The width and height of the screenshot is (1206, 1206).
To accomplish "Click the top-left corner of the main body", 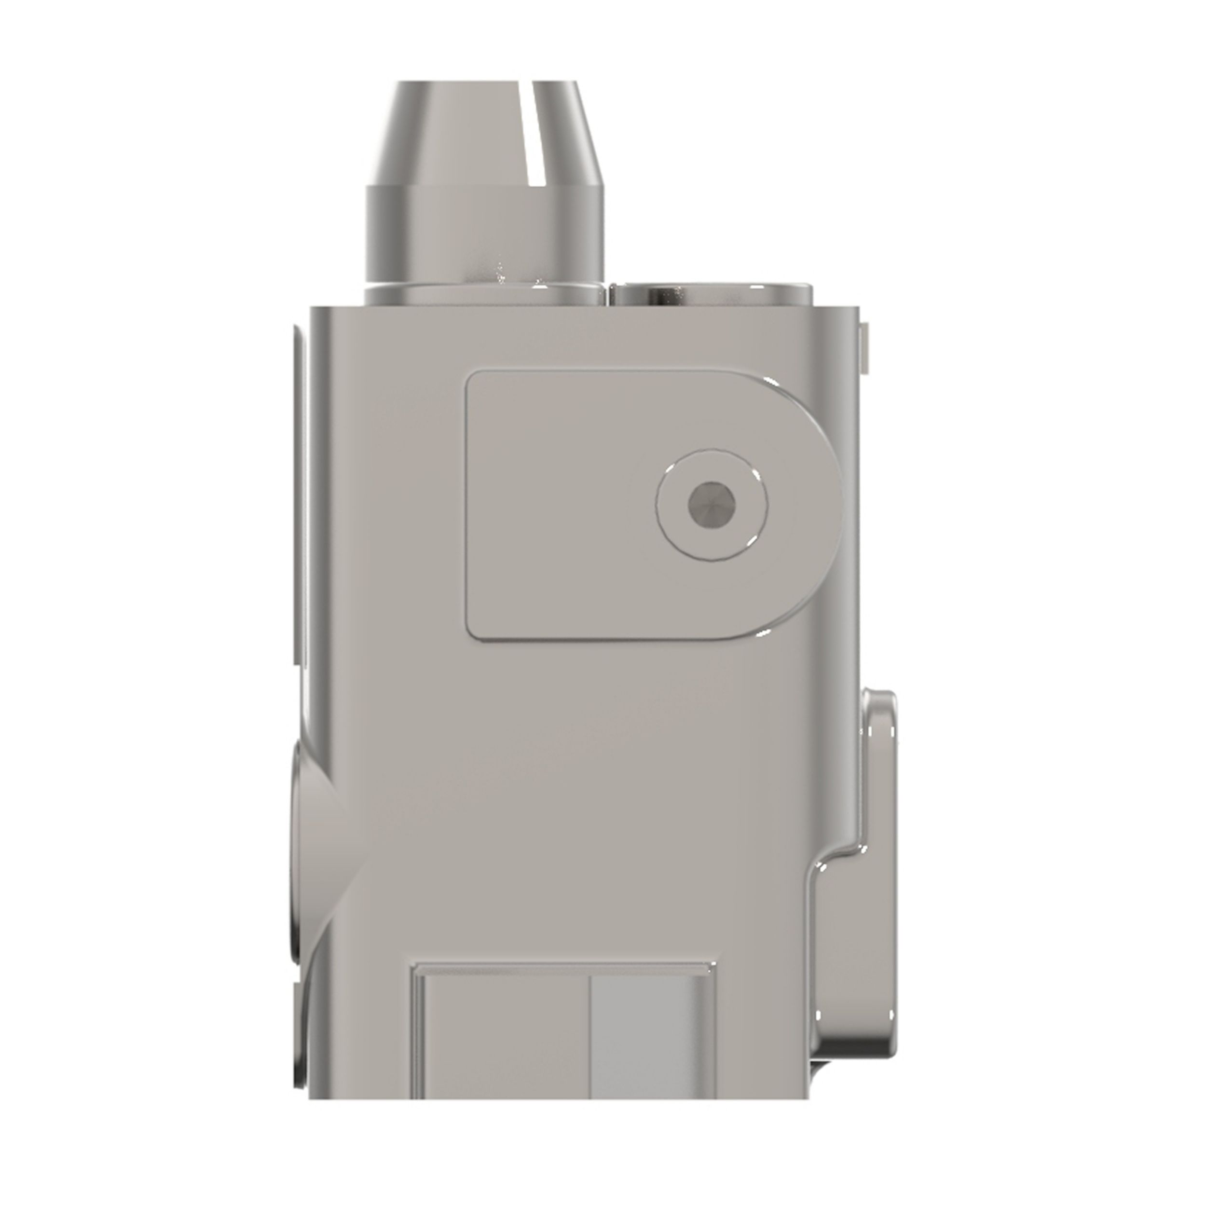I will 312,307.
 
